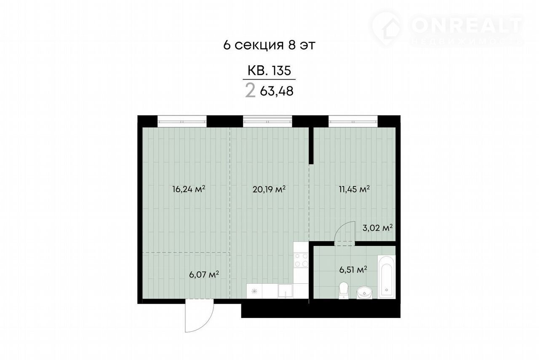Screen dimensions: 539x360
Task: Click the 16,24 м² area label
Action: click(189, 189)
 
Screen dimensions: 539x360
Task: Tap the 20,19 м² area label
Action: click(269, 189)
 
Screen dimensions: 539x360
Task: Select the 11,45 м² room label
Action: click(354, 189)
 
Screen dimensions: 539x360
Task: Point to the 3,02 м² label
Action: click(378, 228)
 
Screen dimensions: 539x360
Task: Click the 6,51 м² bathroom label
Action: click(353, 270)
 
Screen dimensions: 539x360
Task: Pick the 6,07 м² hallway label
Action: click(204, 275)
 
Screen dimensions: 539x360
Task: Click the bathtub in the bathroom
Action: click(386, 277)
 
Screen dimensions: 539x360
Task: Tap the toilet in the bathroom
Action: click(344, 291)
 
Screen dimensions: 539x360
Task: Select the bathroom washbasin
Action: click(364, 293)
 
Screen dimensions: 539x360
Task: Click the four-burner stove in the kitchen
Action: click(301, 260)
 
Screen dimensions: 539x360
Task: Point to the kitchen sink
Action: click(285, 291)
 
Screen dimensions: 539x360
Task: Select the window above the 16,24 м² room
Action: click(182, 122)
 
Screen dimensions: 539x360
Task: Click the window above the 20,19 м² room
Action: click(267, 122)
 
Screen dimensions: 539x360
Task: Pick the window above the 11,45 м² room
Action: click(353, 122)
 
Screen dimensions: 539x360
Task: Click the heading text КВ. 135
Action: click(269, 71)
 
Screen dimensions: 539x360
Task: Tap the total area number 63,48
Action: click(277, 91)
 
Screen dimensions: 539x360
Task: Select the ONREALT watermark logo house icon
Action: click(387, 28)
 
